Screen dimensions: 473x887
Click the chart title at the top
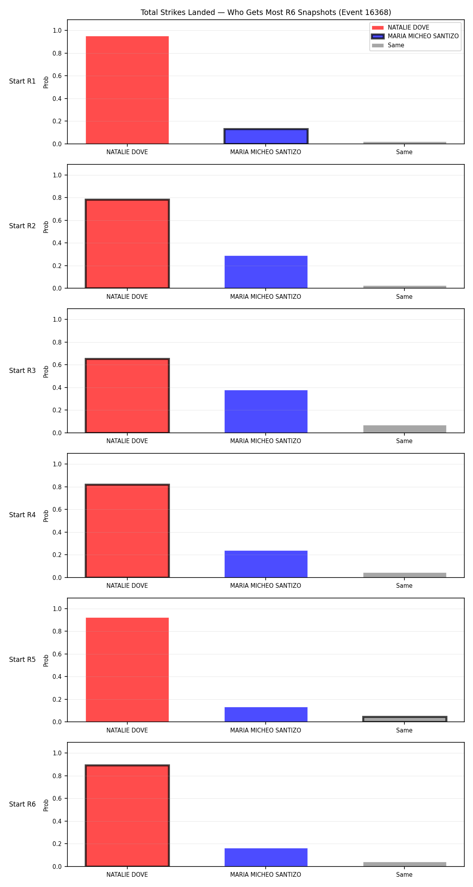266,13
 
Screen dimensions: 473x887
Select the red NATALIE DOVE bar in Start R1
127,90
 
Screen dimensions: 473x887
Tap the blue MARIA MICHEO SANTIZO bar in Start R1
266,136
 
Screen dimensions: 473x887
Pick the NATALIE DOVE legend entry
400,28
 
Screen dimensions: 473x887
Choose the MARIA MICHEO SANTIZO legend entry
415,36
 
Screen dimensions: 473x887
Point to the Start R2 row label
22,226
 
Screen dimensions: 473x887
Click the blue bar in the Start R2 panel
266,272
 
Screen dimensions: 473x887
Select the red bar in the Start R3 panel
127,396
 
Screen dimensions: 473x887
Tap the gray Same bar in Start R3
405,429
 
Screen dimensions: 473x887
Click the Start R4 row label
22,515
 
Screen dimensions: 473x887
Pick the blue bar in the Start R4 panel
266,564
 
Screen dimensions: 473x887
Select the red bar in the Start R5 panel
127,670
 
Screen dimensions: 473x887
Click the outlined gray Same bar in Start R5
405,719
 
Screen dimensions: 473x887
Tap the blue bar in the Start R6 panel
266,857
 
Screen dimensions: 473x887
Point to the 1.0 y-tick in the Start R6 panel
57,753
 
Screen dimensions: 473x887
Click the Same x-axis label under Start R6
404,874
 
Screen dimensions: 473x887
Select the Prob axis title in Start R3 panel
46,371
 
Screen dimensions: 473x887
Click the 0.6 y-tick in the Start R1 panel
57,76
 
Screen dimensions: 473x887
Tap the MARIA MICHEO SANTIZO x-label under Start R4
266,586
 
